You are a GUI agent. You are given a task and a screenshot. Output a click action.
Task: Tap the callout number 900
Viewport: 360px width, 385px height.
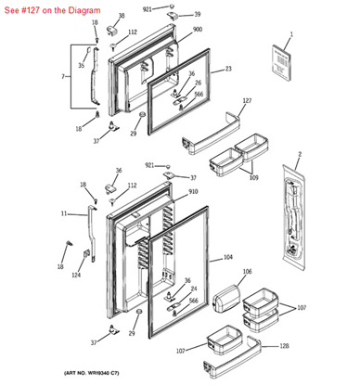[197, 30]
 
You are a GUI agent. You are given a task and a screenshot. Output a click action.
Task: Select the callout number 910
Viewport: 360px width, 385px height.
[193, 192]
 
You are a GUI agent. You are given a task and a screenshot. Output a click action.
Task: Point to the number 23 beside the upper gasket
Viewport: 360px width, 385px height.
[228, 69]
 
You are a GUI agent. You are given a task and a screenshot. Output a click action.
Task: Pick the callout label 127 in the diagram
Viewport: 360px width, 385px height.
[247, 100]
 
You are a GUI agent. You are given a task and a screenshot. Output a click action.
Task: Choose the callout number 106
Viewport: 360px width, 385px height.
[247, 272]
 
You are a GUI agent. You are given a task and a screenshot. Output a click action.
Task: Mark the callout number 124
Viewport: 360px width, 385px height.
[77, 275]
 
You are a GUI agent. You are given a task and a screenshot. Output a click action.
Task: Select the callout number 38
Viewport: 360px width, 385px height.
[121, 16]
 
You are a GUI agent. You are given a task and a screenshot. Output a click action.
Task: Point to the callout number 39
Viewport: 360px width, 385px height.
[197, 15]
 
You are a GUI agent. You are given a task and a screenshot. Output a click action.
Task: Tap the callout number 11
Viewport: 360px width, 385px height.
[64, 213]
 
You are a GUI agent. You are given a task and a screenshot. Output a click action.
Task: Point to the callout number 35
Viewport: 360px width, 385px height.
[81, 66]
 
